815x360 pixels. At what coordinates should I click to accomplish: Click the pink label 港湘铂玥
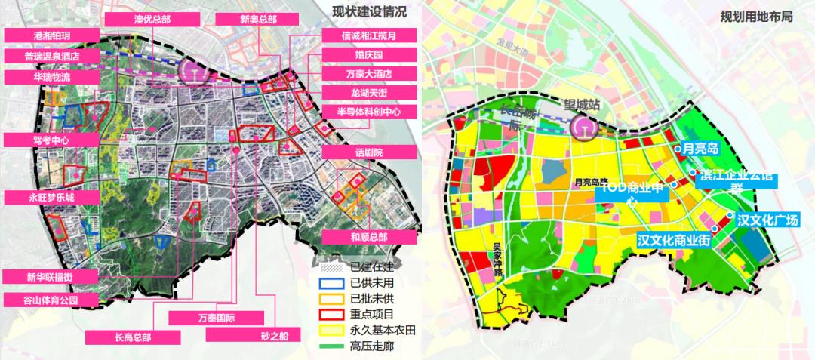coord(51,36)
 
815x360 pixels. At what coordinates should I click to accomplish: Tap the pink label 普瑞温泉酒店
coord(51,57)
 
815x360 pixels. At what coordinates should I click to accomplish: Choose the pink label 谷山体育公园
coord(51,300)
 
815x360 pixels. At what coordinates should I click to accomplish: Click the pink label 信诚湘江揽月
coord(370,36)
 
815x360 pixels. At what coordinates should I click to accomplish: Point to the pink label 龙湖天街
coord(370,94)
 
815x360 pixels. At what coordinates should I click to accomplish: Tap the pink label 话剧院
coord(370,152)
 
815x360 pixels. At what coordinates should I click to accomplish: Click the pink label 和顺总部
coord(370,236)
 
